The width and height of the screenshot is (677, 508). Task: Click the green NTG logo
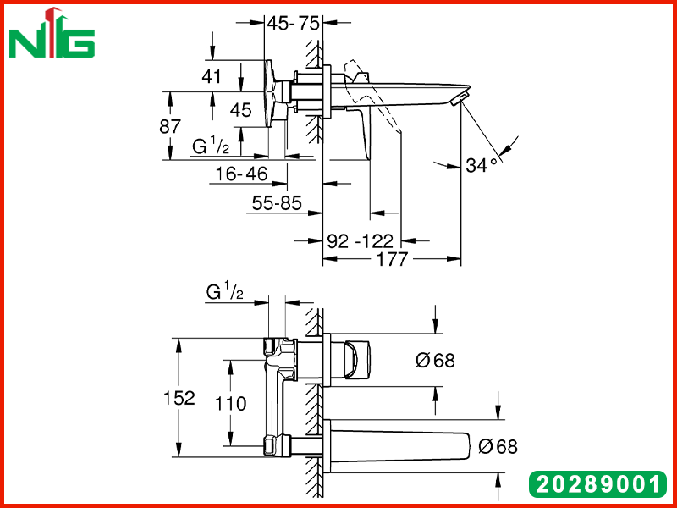click(52, 34)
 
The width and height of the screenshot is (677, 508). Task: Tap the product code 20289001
click(597, 484)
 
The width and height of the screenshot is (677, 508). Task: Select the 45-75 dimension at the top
click(293, 24)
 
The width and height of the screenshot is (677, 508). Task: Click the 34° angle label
click(482, 165)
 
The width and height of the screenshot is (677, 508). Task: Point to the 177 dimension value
click(392, 259)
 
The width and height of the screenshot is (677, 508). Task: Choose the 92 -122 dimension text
click(361, 240)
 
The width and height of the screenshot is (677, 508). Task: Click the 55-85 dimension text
click(277, 202)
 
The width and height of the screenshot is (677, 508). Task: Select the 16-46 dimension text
click(242, 174)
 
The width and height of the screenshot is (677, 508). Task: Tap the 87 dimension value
click(170, 126)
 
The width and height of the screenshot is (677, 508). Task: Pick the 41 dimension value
click(211, 76)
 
